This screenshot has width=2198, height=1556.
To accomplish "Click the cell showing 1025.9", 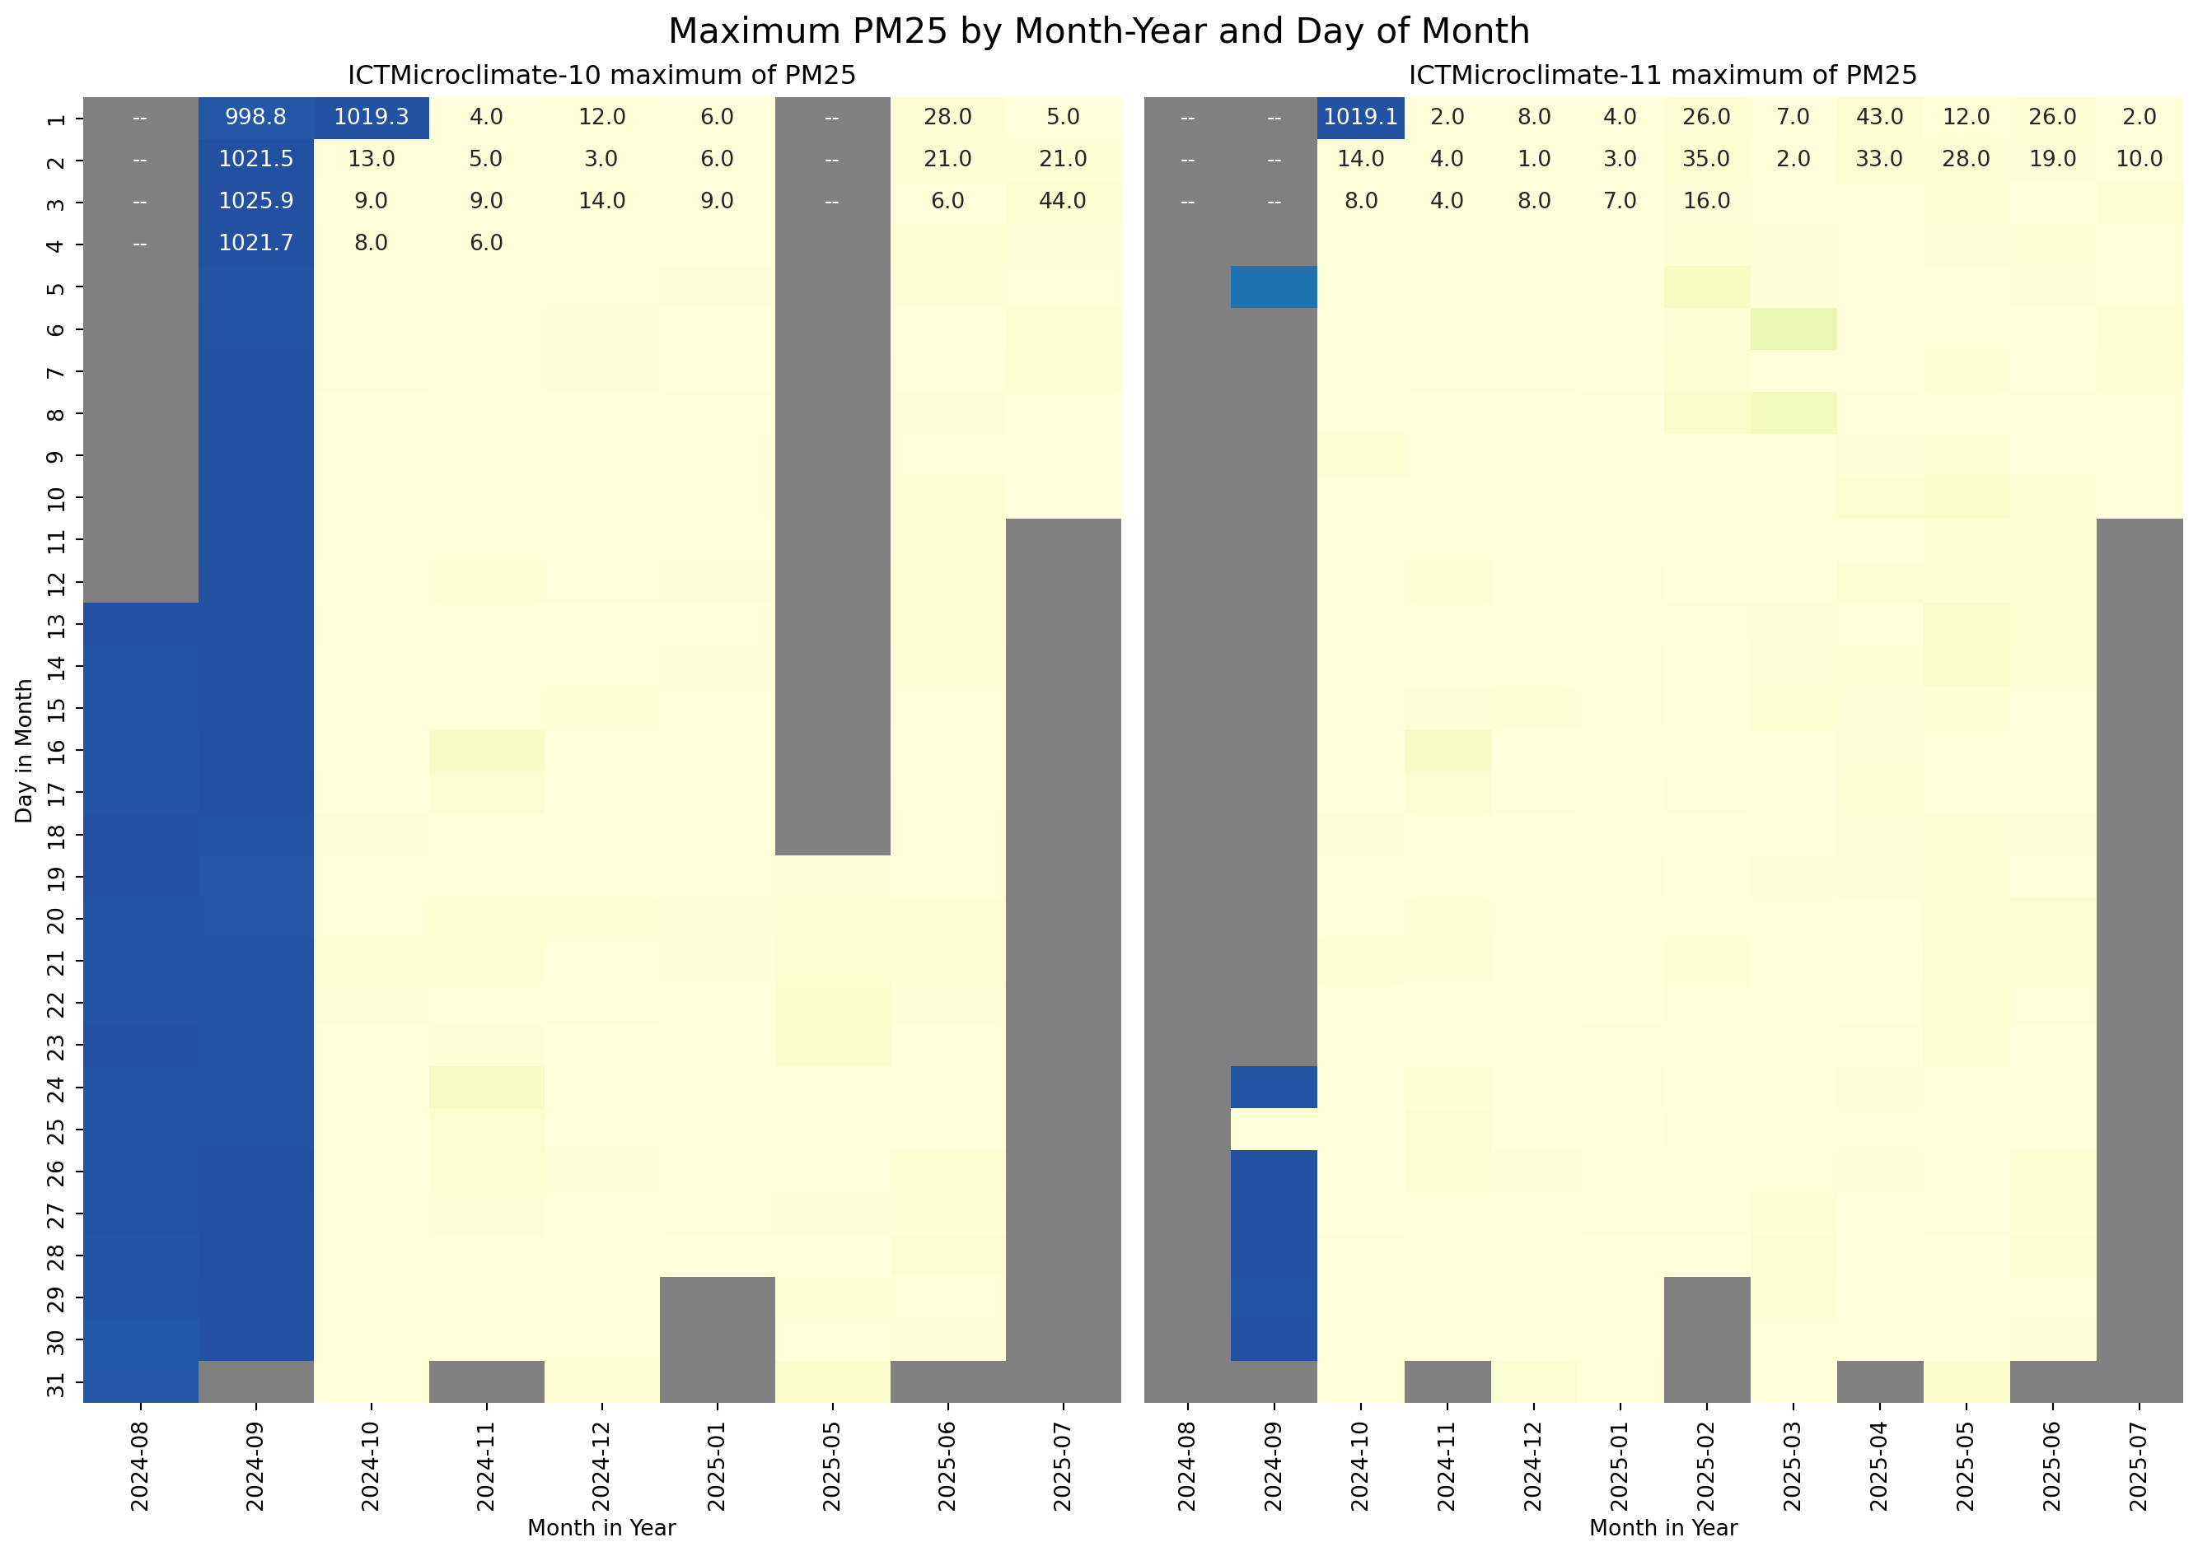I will click(256, 201).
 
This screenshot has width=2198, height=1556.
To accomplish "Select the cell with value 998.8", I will click(256, 117).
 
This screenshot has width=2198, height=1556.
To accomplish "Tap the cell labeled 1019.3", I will click(371, 117).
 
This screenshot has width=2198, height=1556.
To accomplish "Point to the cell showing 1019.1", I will click(1360, 117).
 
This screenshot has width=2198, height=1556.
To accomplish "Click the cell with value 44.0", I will click(1062, 201).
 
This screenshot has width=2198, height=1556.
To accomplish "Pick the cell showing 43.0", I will click(1879, 117).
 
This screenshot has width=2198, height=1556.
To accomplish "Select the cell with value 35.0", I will click(1706, 159).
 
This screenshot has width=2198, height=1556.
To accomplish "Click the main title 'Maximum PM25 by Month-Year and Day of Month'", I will click(1098, 31).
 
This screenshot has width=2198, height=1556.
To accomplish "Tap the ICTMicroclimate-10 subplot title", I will click(601, 76).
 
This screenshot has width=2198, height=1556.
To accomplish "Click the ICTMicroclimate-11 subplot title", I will click(1663, 76).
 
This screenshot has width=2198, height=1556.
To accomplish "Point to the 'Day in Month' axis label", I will click(24, 750).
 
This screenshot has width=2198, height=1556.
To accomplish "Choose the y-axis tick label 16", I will click(55, 750).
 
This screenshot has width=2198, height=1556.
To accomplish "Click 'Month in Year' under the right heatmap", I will click(1663, 1528).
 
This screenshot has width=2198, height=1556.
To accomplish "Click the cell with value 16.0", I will click(1706, 201).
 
